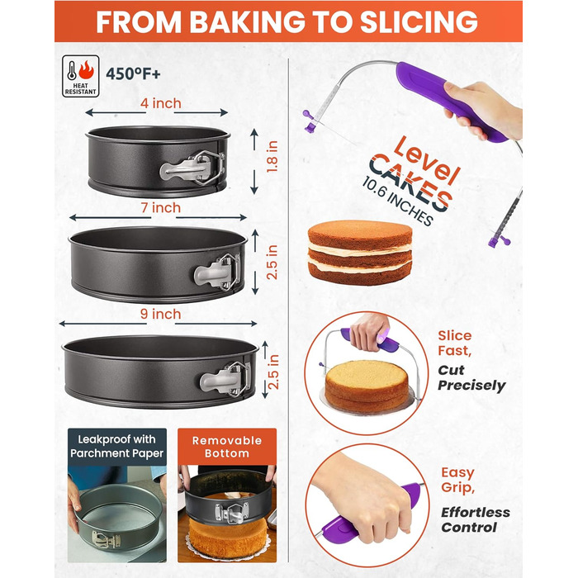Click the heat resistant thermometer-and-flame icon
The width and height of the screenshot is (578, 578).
click(80, 76)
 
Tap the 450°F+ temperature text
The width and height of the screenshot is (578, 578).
click(133, 74)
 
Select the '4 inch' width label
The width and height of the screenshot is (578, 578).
click(161, 103)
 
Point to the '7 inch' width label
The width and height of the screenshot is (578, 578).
click(161, 208)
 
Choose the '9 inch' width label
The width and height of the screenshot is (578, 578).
click(161, 314)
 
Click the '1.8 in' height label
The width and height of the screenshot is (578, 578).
click(272, 157)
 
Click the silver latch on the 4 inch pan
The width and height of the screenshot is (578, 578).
click(192, 168)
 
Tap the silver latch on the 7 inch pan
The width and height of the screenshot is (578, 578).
click(216, 272)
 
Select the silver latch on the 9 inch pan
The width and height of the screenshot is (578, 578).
click(224, 379)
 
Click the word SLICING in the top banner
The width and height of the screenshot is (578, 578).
click(419, 22)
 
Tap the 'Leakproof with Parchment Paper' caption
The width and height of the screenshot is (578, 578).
click(117, 446)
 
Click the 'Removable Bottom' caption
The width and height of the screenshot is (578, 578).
click(227, 447)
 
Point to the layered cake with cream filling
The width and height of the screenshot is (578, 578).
click(360, 252)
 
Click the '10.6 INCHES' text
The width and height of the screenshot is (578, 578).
click(398, 201)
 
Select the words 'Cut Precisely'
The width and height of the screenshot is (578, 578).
click(471, 378)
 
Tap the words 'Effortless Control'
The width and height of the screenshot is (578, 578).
click(476, 519)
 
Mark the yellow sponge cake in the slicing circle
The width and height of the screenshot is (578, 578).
click(367, 386)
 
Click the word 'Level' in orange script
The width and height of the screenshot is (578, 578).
click(427, 160)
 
